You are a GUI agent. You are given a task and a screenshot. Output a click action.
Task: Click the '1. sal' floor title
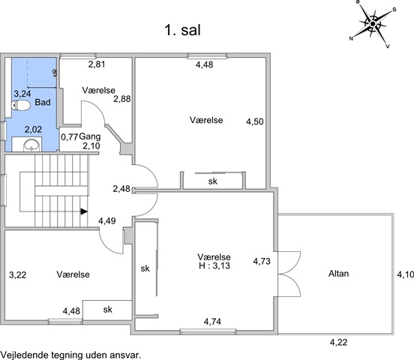pyautogui.click(x=182, y=30)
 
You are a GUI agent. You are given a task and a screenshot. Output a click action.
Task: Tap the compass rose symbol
pyautogui.click(x=373, y=24)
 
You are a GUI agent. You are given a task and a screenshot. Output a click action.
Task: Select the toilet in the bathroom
pyautogui.click(x=21, y=106)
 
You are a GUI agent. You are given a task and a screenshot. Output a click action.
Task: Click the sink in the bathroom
pyautogui.click(x=31, y=145)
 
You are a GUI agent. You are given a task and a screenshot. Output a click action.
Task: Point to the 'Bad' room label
pyautogui.click(x=43, y=102)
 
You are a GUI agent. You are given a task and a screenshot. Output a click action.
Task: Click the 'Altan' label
pyautogui.click(x=338, y=273)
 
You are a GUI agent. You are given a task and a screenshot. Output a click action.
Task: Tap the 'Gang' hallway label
pyautogui.click(x=90, y=136)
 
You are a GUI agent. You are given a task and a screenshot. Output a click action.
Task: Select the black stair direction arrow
pyautogui.click(x=84, y=211)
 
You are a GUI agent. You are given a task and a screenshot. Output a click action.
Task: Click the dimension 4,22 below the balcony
pyautogui.click(x=338, y=342)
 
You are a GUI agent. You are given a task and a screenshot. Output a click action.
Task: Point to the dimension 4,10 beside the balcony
pyautogui.click(x=406, y=274)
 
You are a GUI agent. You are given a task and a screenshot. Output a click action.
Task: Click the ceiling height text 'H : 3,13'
pyautogui.click(x=214, y=265)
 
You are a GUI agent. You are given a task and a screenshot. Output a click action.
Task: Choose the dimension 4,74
pyautogui.click(x=212, y=322)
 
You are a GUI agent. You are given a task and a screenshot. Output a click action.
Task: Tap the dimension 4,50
pyautogui.click(x=255, y=121)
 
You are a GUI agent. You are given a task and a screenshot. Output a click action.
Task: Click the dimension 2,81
pyautogui.click(x=97, y=64)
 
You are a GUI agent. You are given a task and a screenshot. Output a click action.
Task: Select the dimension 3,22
pyautogui.click(x=18, y=275)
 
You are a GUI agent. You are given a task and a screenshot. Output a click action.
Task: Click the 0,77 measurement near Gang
pyautogui.click(x=70, y=137)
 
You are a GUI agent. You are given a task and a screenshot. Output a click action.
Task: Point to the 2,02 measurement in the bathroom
pyautogui.click(x=33, y=130)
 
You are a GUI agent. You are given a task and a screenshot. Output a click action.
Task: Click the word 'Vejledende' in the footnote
pyautogui.click(x=25, y=355)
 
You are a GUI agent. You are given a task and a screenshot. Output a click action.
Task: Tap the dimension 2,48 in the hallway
pyautogui.click(x=121, y=188)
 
